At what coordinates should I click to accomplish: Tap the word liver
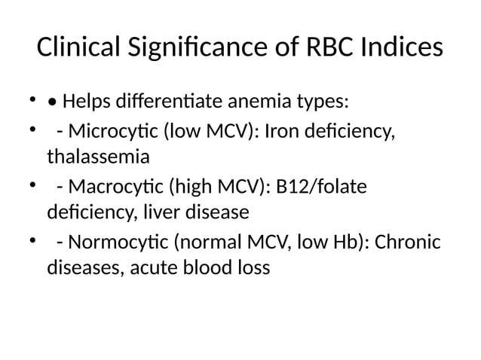tap(160, 212)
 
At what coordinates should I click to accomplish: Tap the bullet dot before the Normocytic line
tap(31, 242)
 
